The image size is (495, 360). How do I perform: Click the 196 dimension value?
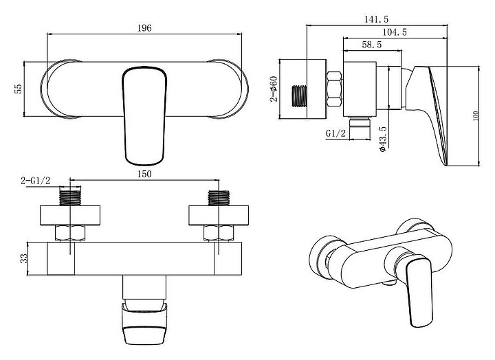pos(144,28)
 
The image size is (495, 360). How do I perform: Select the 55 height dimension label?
pos(19,89)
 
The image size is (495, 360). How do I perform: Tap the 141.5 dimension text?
pos(377,19)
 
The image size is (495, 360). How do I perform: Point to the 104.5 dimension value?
pos(395,32)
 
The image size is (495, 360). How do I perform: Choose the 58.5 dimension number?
pos(371,45)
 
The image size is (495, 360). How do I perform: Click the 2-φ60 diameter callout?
pos(274,89)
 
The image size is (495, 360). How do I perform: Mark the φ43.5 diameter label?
pos(383,139)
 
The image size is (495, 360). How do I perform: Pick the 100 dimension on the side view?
pos(476,116)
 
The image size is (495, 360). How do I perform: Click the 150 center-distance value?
pos(144,175)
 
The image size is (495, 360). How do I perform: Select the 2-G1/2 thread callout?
pos(36,181)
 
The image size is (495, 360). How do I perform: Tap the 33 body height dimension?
pos(24,258)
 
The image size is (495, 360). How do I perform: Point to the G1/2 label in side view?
pos(336,133)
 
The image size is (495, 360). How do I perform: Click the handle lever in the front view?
pos(144,116)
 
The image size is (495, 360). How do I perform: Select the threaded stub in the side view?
pos(299,96)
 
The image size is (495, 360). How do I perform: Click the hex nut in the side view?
pos(334,89)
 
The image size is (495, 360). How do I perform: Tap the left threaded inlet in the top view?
pos(70,198)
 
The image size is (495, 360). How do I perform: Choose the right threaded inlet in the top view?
pos(219,198)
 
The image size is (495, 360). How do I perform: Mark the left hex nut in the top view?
pos(70,233)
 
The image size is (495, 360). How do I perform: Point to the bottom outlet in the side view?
pos(360,128)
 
